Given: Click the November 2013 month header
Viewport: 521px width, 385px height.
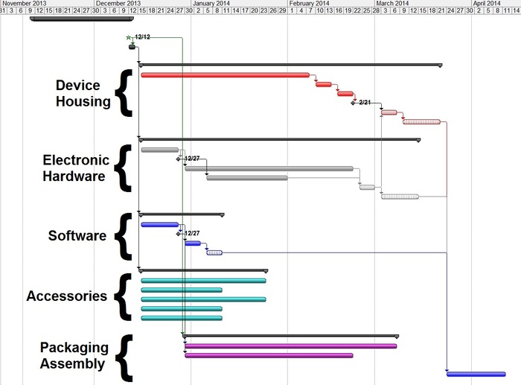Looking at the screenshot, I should pos(27,4).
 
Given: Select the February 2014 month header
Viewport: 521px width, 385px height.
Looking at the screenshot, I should pos(310,4).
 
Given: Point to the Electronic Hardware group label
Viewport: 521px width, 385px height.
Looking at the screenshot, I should pos(75,168).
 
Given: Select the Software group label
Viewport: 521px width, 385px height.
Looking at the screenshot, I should pos(77,236).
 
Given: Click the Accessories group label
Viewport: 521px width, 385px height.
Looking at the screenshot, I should pos(67,296).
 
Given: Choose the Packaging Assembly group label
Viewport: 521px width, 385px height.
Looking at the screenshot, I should pos(74,356).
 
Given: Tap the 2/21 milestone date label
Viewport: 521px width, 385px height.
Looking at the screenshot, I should pos(365,102).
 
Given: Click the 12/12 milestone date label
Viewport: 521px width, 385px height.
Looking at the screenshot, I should pos(143,36).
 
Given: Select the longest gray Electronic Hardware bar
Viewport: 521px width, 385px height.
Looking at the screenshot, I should pos(269,168).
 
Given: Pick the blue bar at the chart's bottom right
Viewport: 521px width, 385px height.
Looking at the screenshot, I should pos(476,374).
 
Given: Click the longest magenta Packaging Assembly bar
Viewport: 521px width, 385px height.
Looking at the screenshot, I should pos(290,346).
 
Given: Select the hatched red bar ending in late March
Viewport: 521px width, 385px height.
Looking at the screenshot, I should pos(421,121).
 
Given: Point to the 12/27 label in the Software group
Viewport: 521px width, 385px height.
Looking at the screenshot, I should pos(191,233).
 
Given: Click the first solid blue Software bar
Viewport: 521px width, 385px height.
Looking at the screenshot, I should pos(159,224).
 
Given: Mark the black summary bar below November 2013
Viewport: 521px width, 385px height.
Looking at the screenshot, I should pos(71,19).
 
